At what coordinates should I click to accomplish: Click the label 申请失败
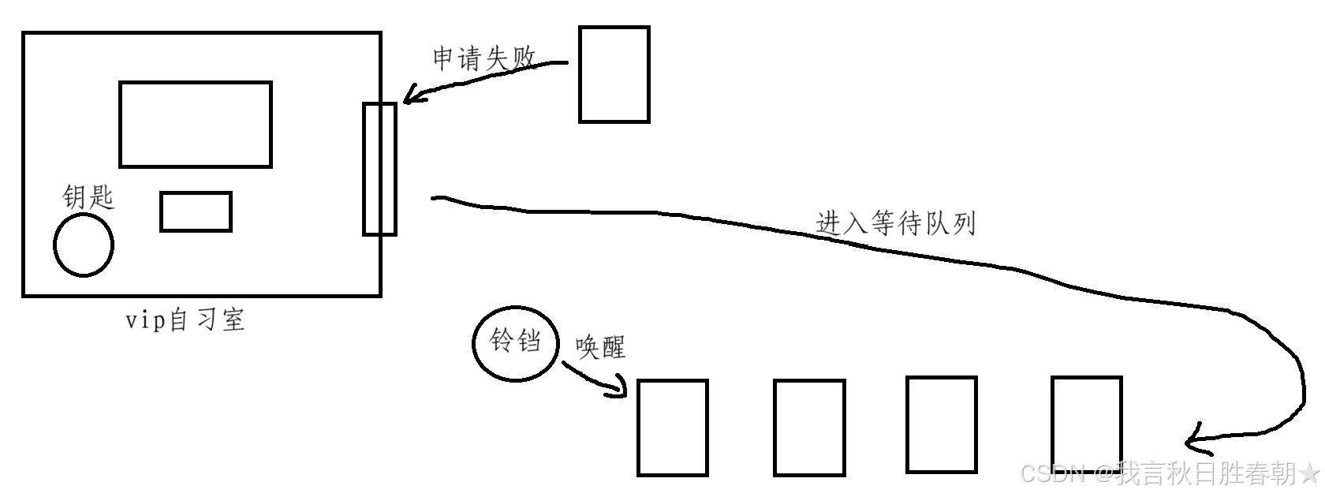tap(484, 59)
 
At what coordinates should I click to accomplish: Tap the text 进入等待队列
tap(896, 223)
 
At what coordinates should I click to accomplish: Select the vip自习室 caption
tap(186, 319)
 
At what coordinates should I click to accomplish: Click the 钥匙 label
tap(88, 196)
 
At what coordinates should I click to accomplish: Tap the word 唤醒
tap(600, 346)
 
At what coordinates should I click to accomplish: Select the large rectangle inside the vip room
tap(196, 124)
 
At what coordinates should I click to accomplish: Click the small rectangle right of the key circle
tap(196, 211)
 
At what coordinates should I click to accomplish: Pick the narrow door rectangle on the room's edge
tap(379, 169)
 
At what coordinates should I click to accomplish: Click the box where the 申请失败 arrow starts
tap(614, 74)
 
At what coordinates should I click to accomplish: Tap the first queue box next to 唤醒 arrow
tap(672, 428)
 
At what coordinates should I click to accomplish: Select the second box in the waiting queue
tap(809, 428)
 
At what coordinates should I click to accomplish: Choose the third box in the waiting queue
tap(942, 424)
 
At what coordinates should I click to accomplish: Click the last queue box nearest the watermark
tap(1086, 424)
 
